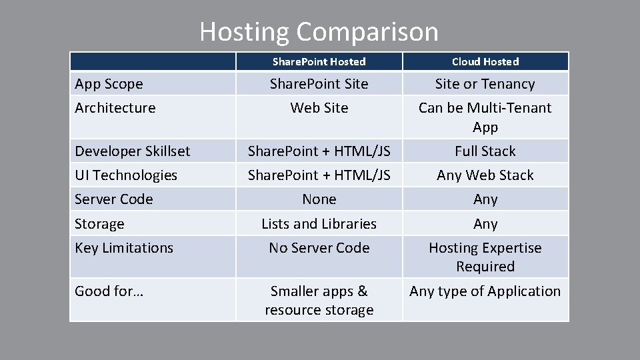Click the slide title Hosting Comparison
(x=319, y=31)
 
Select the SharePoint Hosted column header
(x=319, y=61)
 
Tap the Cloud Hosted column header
(x=485, y=61)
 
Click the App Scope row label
(x=109, y=84)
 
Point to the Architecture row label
(x=115, y=108)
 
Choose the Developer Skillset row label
(x=132, y=151)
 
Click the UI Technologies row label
(x=126, y=175)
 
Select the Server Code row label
(x=113, y=199)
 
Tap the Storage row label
(x=99, y=224)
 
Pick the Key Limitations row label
(x=124, y=248)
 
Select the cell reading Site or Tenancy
(x=485, y=84)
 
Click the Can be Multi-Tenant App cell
(x=485, y=117)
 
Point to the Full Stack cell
(x=485, y=151)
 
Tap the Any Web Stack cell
(x=485, y=175)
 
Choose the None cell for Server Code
(x=319, y=199)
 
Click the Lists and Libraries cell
(x=319, y=224)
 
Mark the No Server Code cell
(x=319, y=248)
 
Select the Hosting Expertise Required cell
(x=485, y=257)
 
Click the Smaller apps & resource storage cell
(x=319, y=301)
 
